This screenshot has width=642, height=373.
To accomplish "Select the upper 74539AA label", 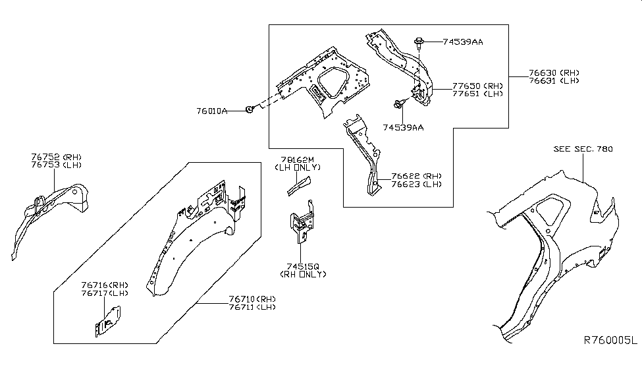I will point(463,42).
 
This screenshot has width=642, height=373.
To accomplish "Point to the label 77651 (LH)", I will point(477,94).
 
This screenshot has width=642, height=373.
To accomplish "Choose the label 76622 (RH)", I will point(415,177).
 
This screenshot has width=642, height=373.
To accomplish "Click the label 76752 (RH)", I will point(54,157).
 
